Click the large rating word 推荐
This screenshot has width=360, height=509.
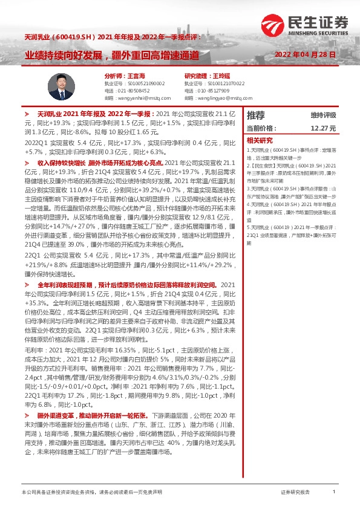pos(256,115)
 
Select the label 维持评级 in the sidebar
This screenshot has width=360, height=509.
pos(323,115)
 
